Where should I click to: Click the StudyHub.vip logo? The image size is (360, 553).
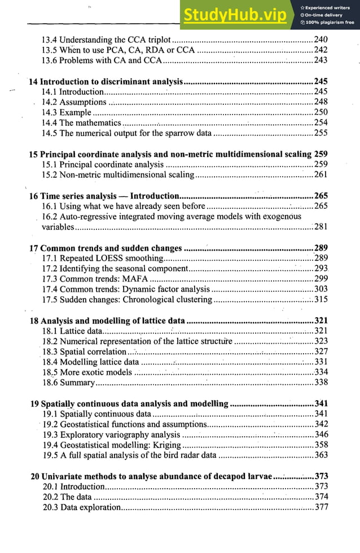tap(236, 16)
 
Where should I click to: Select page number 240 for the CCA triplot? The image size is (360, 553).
tap(321, 39)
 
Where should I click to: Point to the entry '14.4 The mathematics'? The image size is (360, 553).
tap(81, 122)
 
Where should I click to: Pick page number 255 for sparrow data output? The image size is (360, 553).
tap(321, 133)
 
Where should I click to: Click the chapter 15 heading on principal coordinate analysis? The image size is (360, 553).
tap(170, 153)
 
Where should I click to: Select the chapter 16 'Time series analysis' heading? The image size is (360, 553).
tap(104, 196)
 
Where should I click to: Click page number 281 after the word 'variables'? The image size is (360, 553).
tap(321, 227)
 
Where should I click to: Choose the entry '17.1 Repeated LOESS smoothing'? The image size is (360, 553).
tap(103, 258)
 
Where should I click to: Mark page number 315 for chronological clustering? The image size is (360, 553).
tap(321, 300)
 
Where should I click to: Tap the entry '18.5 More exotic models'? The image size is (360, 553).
tap(87, 372)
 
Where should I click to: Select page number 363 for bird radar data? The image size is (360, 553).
tap(321, 455)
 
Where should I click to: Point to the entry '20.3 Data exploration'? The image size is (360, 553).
tap(82, 507)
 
